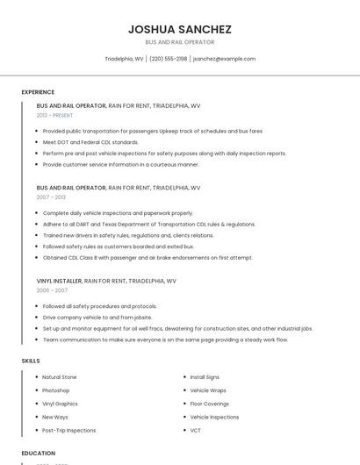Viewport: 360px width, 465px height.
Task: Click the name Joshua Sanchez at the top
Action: [179, 28]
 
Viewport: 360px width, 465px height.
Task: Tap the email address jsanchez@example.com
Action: [224, 59]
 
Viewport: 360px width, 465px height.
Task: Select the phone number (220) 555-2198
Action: [168, 59]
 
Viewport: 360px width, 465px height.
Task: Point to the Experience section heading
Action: [38, 92]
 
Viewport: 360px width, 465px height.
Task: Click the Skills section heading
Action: [31, 361]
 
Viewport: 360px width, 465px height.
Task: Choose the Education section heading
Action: [38, 453]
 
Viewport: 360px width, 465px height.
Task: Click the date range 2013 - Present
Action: [54, 115]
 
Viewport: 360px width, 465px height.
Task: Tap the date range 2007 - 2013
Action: [51, 197]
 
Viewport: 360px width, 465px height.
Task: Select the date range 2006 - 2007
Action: [52, 290]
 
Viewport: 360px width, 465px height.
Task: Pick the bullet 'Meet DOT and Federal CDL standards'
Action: [90, 142]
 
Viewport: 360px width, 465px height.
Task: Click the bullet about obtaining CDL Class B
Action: [148, 258]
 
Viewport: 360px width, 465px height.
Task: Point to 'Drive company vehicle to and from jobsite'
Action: [97, 318]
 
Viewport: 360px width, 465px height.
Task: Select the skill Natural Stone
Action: [60, 377]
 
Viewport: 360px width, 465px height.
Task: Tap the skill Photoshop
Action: [56, 390]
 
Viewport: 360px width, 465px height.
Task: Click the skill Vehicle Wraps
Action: [208, 390]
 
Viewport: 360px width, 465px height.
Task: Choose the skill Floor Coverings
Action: [210, 404]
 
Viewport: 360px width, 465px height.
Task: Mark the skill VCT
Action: [196, 431]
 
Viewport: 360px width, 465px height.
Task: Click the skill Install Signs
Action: [205, 377]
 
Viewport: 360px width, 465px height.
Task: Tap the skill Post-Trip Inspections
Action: [69, 431]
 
